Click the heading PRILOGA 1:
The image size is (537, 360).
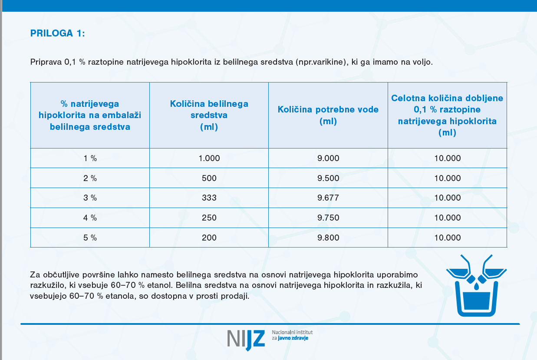click(58, 34)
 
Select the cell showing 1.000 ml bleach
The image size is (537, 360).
click(209, 158)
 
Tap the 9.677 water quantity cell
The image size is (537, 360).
click(328, 198)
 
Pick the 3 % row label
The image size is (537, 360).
click(90, 198)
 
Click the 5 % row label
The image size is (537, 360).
click(90, 238)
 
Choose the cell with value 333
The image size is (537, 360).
click(209, 198)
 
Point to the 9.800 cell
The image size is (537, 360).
click(328, 238)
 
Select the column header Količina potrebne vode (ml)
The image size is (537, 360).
click(328, 115)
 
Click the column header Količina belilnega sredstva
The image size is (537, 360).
click(209, 115)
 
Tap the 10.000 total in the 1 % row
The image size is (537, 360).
click(447, 158)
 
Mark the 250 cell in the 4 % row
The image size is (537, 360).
click(209, 218)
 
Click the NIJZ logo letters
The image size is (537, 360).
click(246, 339)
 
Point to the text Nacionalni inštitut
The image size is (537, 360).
click(292, 332)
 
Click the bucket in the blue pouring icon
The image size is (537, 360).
click(477, 300)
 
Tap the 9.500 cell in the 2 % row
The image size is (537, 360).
click(328, 178)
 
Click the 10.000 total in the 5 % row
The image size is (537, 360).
click(447, 238)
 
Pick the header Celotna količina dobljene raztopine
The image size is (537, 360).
click(447, 115)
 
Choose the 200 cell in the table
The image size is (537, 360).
click(209, 238)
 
